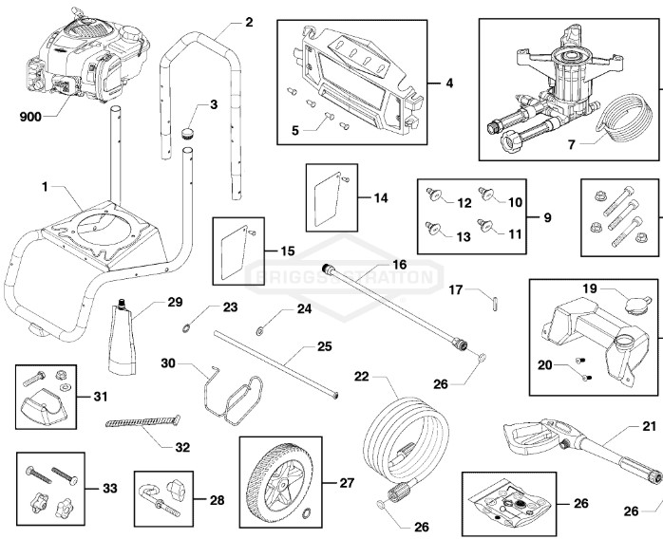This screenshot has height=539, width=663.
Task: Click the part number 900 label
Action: (x=31, y=119)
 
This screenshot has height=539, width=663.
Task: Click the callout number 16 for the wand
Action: (x=398, y=265)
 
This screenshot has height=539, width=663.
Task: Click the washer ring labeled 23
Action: (x=187, y=327)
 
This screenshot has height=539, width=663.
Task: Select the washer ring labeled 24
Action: (x=259, y=331)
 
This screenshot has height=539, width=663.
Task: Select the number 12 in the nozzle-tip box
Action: (x=464, y=202)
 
